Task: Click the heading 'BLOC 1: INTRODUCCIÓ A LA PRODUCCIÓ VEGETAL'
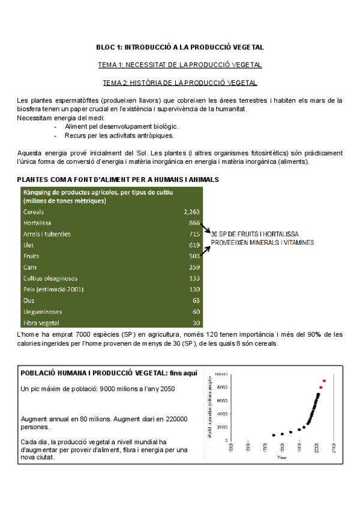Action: (x=180, y=47)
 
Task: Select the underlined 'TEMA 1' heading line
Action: (x=180, y=64)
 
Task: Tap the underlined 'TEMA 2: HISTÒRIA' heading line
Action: (x=180, y=82)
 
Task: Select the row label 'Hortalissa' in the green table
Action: (x=38, y=223)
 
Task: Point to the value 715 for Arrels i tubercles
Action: (x=194, y=234)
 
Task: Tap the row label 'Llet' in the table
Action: (x=29, y=245)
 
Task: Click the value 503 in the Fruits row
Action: (x=194, y=256)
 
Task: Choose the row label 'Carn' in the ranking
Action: (x=30, y=267)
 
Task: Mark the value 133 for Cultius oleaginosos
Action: (x=194, y=279)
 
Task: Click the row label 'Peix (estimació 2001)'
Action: (x=53, y=289)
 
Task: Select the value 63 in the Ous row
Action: (x=196, y=300)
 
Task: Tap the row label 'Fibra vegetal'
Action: (x=41, y=323)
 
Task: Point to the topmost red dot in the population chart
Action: (x=325, y=381)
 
